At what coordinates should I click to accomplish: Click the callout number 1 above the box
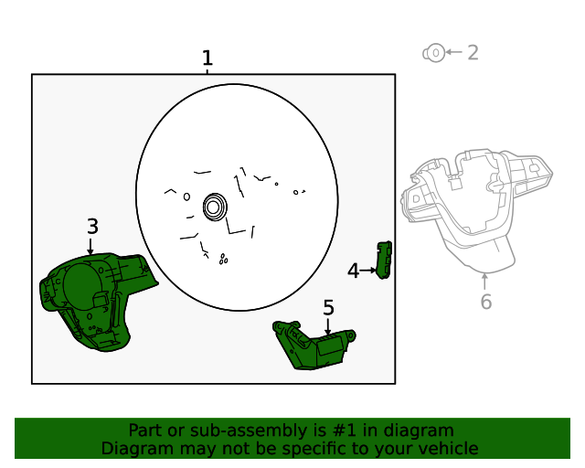point(207,58)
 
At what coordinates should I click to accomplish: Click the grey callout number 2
point(473,53)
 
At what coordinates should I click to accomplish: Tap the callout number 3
point(92,227)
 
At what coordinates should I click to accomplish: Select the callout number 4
point(353,271)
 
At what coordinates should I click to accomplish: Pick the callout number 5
point(328,308)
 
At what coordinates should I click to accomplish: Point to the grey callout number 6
point(485,302)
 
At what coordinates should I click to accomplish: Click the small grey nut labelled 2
point(433,53)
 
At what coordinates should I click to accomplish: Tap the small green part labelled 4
point(386,261)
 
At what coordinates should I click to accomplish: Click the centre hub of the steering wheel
point(215,207)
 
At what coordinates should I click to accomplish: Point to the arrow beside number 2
point(453,53)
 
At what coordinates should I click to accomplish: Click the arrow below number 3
point(90,246)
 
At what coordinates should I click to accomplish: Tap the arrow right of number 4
point(368,271)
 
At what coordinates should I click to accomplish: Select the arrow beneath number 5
point(328,325)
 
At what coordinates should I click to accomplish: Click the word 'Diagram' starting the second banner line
point(133,449)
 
